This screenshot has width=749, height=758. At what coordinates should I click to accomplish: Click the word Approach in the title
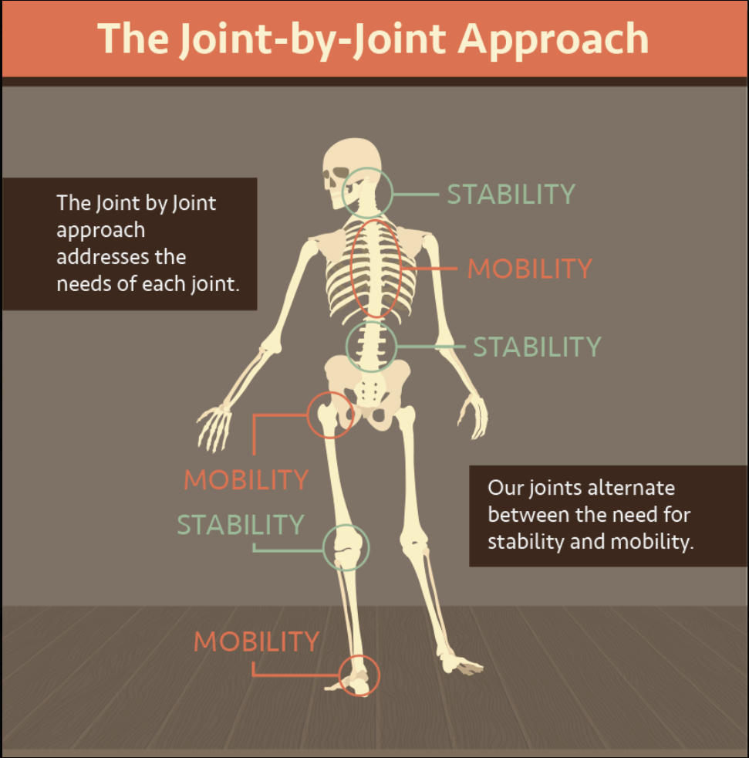pos(553,39)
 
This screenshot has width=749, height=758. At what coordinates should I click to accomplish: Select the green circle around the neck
pos(368,192)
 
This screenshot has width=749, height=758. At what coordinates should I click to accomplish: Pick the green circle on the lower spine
pos(371,347)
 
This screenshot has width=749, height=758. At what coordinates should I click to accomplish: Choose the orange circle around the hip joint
pos(331,415)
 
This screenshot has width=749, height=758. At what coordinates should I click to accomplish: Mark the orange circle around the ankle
pos(358,675)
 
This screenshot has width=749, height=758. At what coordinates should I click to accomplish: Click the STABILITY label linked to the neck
pos(511,194)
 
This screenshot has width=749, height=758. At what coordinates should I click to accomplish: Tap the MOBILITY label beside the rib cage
pos(530,269)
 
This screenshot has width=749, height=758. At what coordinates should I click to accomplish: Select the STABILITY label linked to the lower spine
pos(537,347)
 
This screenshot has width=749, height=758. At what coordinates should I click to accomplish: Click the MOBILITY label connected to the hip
pos(246,479)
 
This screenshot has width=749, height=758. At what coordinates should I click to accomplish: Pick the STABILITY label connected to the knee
pos(241,525)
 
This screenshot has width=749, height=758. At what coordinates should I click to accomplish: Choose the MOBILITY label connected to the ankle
pos(256,641)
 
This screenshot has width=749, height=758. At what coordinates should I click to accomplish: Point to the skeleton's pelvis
pos(370,386)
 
